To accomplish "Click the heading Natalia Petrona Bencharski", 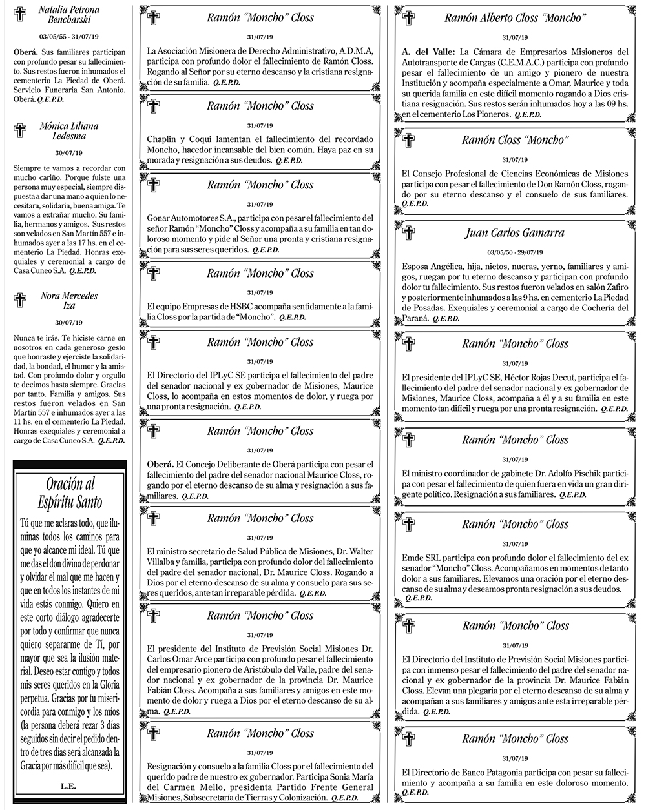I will point(68,16).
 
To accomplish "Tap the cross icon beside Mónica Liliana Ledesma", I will point(20,131).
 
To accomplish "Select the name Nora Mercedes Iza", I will point(68,301).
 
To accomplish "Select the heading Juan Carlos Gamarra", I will point(514,233).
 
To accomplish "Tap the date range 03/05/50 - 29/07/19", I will point(514,252).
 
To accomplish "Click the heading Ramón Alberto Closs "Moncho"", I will point(515,18).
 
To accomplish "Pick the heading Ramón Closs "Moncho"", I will point(515,140).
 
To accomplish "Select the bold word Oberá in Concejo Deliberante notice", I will point(160,465).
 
